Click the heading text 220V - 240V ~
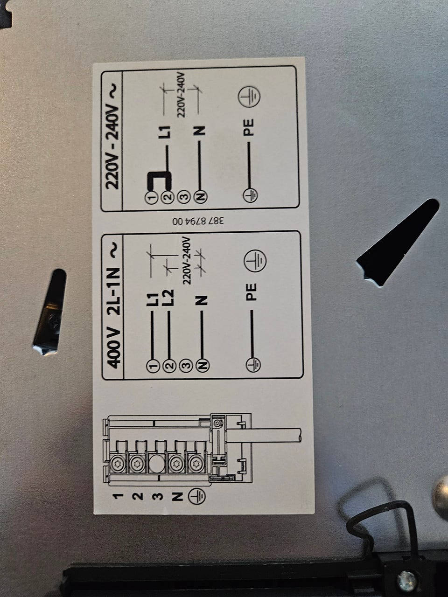(112, 137)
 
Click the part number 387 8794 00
(198, 221)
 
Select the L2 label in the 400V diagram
(168, 297)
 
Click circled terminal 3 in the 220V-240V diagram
(185, 197)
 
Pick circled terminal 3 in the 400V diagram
(186, 365)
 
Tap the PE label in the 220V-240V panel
(249, 127)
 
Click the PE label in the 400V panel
(251, 292)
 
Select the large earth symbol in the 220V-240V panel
(249, 96)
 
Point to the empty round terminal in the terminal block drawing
(157, 463)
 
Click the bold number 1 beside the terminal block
(118, 496)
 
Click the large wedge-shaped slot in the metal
(398, 243)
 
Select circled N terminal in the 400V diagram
(202, 365)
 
